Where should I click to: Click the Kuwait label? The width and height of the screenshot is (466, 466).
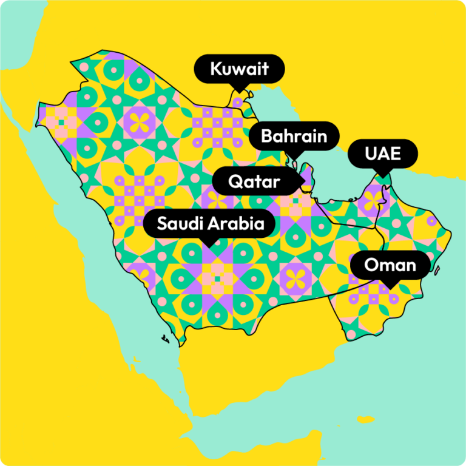(x=239, y=69)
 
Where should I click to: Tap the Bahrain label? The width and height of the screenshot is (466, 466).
(x=294, y=136)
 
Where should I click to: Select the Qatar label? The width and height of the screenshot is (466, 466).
(x=254, y=181)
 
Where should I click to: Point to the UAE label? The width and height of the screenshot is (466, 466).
(x=382, y=154)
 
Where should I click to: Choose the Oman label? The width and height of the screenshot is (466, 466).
(x=390, y=265)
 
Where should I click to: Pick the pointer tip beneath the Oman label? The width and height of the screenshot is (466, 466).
(x=390, y=286)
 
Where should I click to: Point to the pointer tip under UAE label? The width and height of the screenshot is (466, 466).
(x=382, y=176)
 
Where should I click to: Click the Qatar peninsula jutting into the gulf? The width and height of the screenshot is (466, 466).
(x=308, y=176)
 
